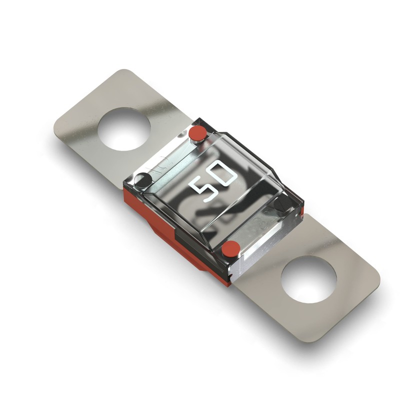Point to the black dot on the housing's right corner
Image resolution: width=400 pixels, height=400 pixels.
click(x=281, y=203)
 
